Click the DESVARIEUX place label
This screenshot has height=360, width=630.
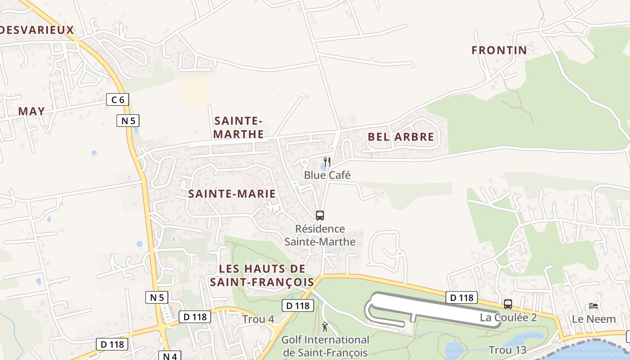36,30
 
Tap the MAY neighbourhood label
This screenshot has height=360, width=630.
31,111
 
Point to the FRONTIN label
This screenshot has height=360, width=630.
499,50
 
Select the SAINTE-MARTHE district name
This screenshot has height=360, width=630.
238,127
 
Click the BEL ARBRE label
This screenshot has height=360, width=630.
401,137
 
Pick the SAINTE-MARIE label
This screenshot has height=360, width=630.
232,194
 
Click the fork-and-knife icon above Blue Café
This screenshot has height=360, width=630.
328,162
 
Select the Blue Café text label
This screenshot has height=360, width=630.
327,175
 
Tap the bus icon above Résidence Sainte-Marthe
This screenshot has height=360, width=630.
320,216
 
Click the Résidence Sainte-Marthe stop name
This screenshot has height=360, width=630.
320,235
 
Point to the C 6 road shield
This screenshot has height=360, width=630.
117,99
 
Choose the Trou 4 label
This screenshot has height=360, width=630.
258,319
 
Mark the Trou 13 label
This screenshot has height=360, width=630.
507,350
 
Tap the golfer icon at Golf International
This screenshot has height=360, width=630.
325,327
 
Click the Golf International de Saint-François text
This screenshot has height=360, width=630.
325,346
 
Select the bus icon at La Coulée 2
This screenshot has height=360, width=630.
508,304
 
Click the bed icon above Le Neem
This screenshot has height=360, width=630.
594,306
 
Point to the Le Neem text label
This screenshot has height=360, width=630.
594,319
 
